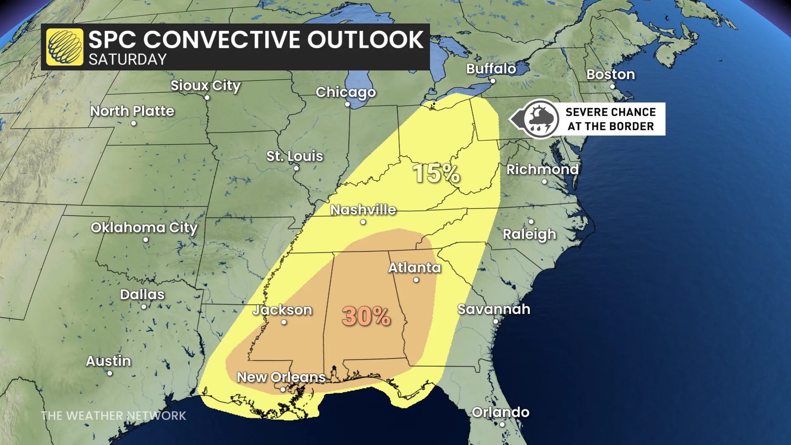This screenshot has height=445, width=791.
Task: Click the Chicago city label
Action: point(345,92)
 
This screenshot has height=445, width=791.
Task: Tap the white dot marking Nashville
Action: point(363,222)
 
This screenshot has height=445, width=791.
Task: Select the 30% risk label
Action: point(366,316)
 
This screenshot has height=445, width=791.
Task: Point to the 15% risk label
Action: point(436,173)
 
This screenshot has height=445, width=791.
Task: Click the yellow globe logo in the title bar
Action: point(64,47)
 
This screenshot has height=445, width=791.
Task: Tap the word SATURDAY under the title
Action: point(127,60)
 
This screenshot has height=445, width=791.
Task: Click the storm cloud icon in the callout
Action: point(541,119)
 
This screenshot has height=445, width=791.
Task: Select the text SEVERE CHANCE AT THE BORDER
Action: point(610,119)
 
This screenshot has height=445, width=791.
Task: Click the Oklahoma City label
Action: point(144,227)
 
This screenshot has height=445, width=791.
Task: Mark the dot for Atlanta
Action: point(416,280)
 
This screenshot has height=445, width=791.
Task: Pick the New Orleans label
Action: point(281,377)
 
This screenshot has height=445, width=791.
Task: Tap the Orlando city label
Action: point(500,412)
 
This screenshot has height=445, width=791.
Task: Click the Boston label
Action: point(610,75)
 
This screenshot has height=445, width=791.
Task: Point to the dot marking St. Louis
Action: point(296,169)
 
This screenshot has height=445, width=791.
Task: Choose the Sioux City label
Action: point(205,86)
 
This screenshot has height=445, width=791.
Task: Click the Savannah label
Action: point(494,309)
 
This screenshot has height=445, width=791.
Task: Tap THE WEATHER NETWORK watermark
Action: point(113,416)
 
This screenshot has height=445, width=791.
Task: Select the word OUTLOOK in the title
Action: point(365,40)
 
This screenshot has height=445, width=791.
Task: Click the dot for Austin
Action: point(110,374)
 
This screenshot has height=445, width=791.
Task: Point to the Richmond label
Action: point(542,169)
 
